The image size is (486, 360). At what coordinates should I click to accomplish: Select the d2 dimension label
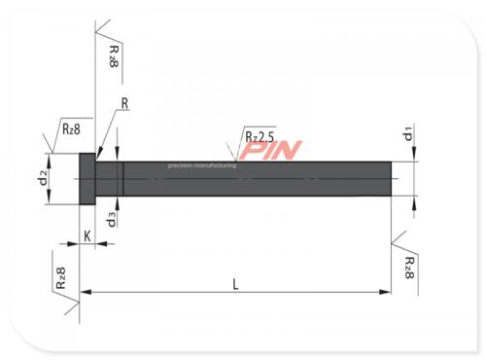click(x=43, y=179)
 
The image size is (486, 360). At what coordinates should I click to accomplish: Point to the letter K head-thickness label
click(x=87, y=235)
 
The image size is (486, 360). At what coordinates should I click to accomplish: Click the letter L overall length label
click(x=236, y=282)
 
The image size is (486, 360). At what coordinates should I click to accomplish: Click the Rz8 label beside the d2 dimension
click(x=71, y=127)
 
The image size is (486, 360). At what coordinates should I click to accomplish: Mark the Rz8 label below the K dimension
click(x=60, y=280)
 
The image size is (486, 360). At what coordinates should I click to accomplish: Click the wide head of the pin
click(x=86, y=179)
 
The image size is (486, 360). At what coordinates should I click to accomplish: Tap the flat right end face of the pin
click(x=393, y=179)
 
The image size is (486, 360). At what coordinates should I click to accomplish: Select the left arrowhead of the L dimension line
click(x=83, y=291)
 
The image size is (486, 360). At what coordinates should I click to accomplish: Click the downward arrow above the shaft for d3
click(x=117, y=156)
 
